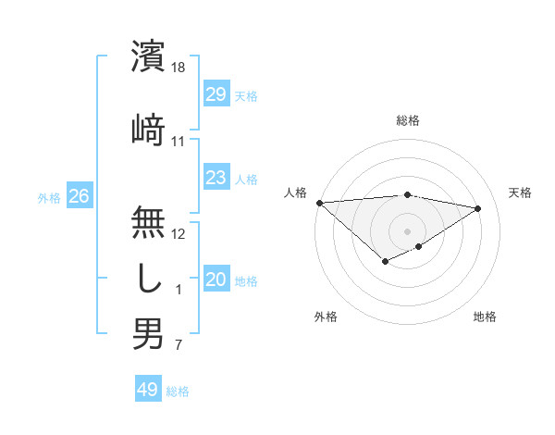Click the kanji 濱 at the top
(x=148, y=56)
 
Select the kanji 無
(x=148, y=222)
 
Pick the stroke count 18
(x=179, y=68)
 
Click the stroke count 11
(x=179, y=141)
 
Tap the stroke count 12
(x=179, y=233)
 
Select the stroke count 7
(x=179, y=346)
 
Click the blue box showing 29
(x=216, y=93)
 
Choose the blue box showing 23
(x=216, y=178)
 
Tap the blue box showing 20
(x=216, y=280)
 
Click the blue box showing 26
(x=79, y=196)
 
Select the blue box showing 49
(x=147, y=390)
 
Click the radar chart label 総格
(x=408, y=120)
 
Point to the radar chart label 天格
(x=520, y=193)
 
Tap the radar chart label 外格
(x=326, y=317)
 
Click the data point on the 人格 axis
(x=319, y=203)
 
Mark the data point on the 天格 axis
(x=478, y=208)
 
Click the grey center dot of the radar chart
(x=407, y=230)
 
